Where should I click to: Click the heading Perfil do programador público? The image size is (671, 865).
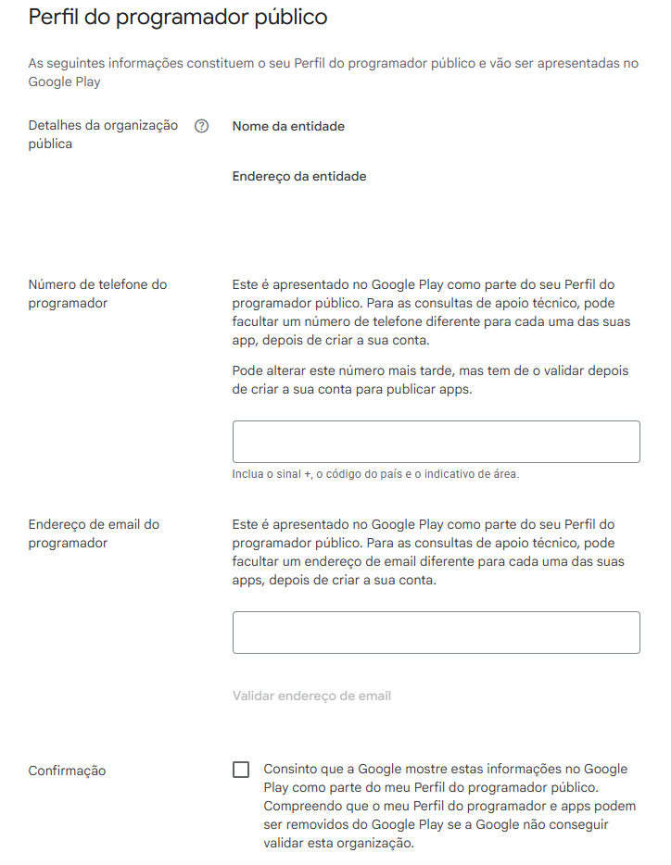pyautogui.click(x=177, y=18)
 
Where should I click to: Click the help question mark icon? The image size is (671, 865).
pyautogui.click(x=202, y=127)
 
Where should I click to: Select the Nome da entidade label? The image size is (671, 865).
pyautogui.click(x=288, y=127)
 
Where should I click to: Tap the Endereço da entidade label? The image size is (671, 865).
pyautogui.click(x=298, y=176)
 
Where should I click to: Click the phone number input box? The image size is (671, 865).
pyautogui.click(x=436, y=442)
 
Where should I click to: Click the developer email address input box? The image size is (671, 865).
pyautogui.click(x=436, y=633)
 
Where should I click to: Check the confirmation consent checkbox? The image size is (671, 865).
pyautogui.click(x=241, y=770)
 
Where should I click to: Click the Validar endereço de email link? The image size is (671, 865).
pyautogui.click(x=311, y=696)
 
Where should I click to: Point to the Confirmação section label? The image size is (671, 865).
pyautogui.click(x=67, y=771)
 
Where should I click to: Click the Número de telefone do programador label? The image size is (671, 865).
pyautogui.click(x=97, y=294)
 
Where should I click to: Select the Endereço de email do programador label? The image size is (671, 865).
pyautogui.click(x=94, y=533)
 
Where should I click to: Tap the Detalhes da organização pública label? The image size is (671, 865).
pyautogui.click(x=103, y=134)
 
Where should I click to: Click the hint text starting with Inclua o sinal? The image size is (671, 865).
pyautogui.click(x=375, y=474)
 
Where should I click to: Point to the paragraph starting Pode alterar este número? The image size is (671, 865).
pyautogui.click(x=430, y=380)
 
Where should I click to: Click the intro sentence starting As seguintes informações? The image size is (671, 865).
pyautogui.click(x=333, y=72)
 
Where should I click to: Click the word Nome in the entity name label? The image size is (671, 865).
pyautogui.click(x=250, y=127)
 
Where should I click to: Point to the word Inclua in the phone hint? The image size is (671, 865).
pyautogui.click(x=248, y=474)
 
